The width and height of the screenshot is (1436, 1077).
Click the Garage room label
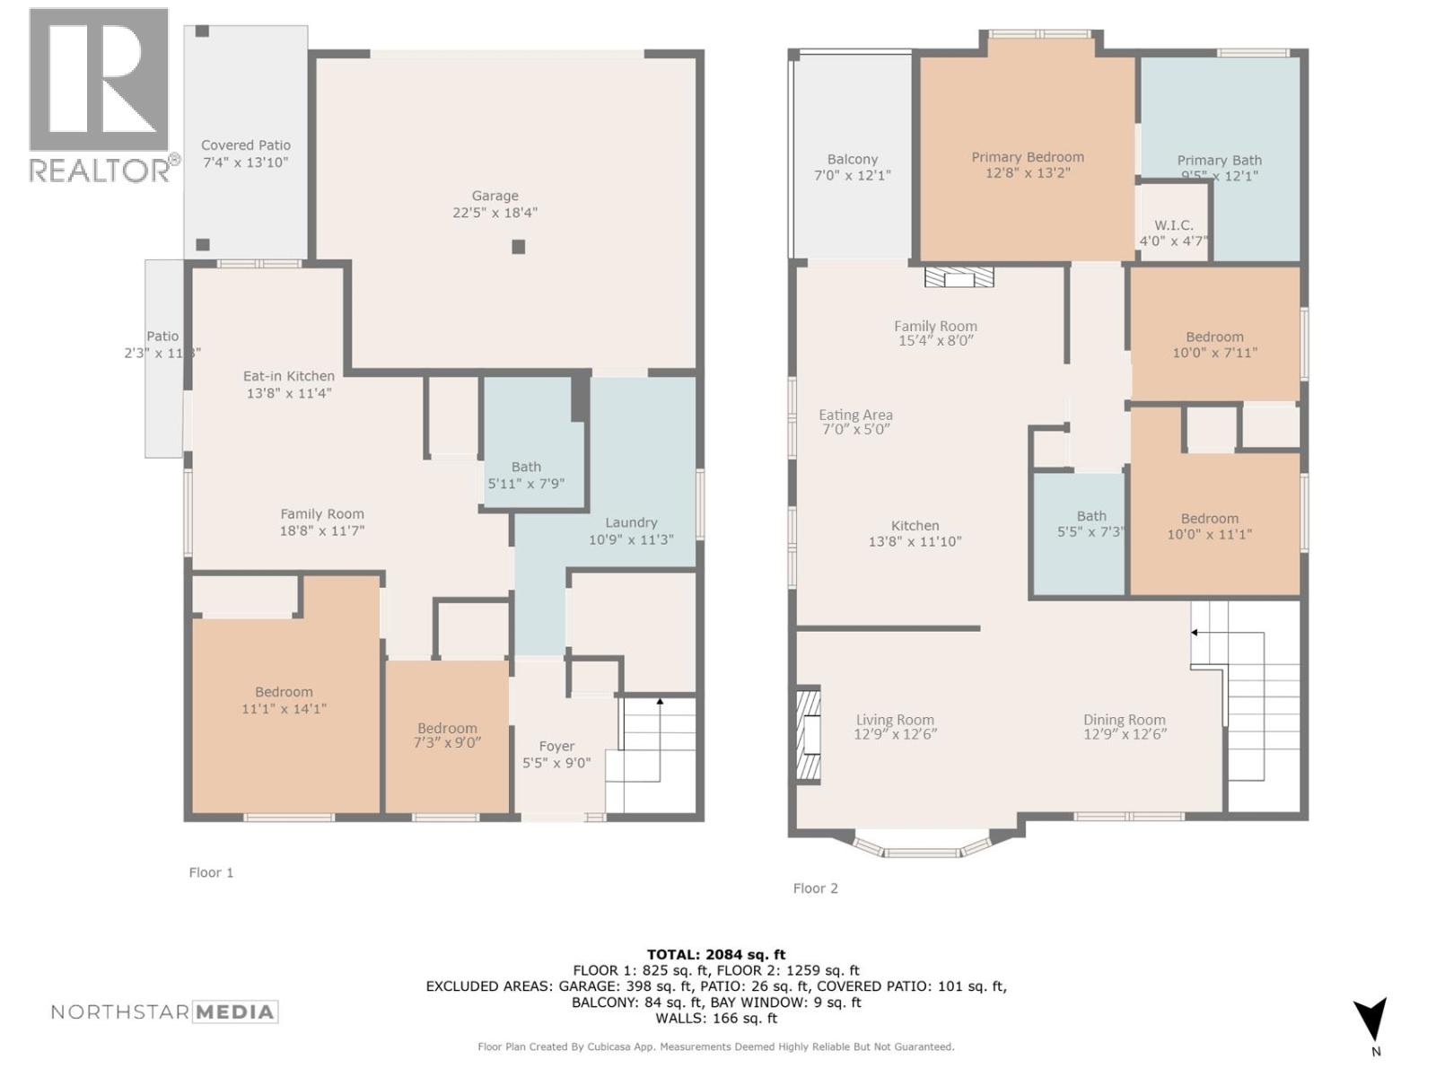pyautogui.click(x=495, y=196)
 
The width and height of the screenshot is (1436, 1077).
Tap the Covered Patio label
pyautogui.click(x=245, y=145)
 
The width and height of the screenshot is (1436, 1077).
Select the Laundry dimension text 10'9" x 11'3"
pyautogui.click(x=631, y=540)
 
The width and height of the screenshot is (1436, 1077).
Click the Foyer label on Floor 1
pyautogui.click(x=556, y=747)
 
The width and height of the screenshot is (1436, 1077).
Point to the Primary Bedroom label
pyautogui.click(x=1028, y=157)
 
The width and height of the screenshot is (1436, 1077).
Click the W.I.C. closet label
pyautogui.click(x=1174, y=225)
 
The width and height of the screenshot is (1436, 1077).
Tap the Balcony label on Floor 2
pyautogui.click(x=853, y=160)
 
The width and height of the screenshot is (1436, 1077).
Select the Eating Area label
pyautogui.click(x=855, y=416)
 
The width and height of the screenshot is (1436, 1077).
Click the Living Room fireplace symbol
pyautogui.click(x=808, y=736)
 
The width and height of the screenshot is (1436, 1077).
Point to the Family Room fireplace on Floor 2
pyautogui.click(x=959, y=276)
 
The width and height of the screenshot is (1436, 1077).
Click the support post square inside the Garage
pyautogui.click(x=518, y=247)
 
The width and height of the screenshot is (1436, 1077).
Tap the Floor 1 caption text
pyautogui.click(x=211, y=872)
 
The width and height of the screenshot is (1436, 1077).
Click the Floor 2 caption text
pyautogui.click(x=815, y=889)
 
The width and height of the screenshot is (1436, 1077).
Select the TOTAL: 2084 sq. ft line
pyautogui.click(x=716, y=955)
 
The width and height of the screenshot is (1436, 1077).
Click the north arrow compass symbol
pyautogui.click(x=1370, y=1020)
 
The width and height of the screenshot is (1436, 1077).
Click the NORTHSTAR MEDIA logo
pyautogui.click(x=164, y=1012)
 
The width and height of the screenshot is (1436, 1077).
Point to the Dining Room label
pyautogui.click(x=1124, y=720)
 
